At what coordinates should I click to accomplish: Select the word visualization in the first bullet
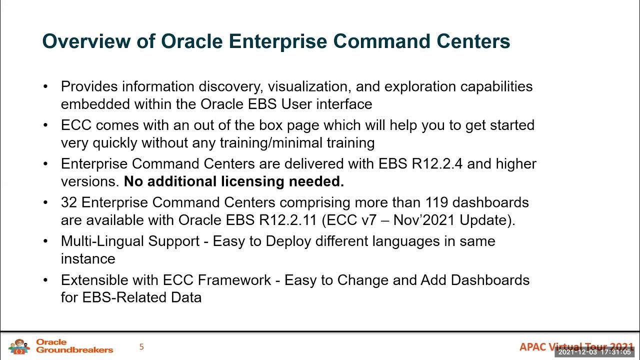309,86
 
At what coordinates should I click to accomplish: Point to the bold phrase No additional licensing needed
234,181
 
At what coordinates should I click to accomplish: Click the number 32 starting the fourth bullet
69,202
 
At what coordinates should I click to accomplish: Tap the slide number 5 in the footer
141,346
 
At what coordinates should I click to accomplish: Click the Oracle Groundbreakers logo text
74,346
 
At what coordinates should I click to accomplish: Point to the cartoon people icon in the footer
19,346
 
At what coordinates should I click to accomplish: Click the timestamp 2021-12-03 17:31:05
594,352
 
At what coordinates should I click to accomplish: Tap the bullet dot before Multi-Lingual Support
46,241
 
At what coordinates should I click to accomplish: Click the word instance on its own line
88,259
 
